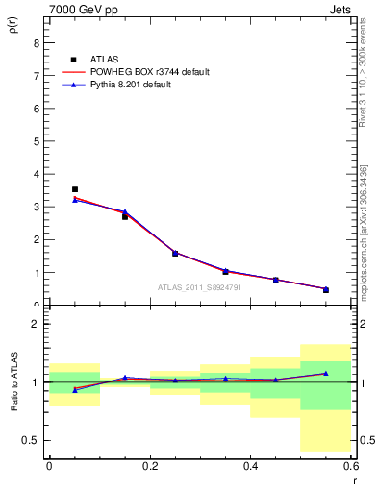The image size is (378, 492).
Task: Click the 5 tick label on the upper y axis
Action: click(x=36, y=141)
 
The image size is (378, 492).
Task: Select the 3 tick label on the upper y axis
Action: click(x=36, y=207)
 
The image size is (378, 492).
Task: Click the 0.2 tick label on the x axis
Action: click(x=149, y=465)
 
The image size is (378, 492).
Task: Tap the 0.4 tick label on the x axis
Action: click(x=250, y=465)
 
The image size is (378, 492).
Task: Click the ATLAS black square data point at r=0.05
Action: click(x=75, y=189)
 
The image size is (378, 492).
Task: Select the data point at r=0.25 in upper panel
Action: click(x=175, y=253)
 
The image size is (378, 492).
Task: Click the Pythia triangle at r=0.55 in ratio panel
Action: click(x=326, y=373)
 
